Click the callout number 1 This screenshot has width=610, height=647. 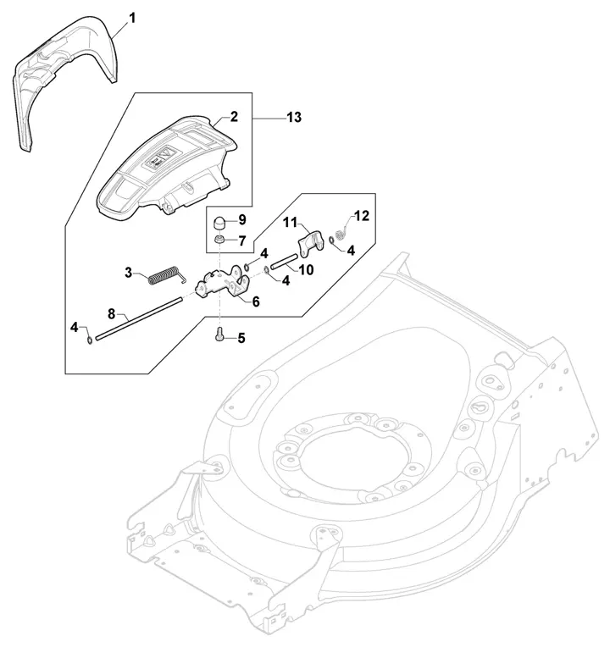pos(132,18)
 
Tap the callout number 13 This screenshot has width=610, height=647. pos(294,117)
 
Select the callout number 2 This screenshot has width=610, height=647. pos(234,116)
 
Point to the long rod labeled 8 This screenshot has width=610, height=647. pos(139,319)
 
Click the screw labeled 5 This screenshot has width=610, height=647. pos(219,333)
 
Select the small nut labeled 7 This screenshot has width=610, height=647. pos(220,239)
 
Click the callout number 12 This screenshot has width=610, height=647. pos(362,216)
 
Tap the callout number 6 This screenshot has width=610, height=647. pos(256,301)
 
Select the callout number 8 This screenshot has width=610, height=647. pos(111,314)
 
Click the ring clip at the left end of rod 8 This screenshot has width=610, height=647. pos(89,340)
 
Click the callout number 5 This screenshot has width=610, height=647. pos(241,339)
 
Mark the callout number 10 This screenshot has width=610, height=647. pos(306,270)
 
